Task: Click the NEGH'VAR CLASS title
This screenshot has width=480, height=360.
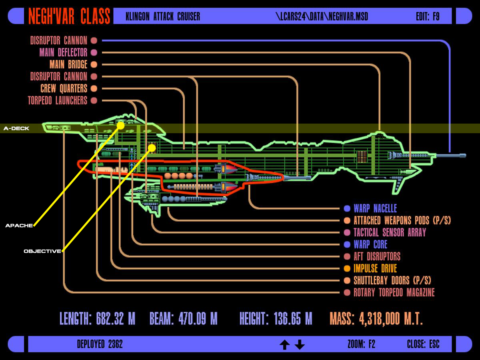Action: click(x=69, y=16)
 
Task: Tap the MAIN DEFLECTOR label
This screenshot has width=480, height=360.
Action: click(x=63, y=52)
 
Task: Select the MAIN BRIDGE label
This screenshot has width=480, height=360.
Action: click(x=68, y=64)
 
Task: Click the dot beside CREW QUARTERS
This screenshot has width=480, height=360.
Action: click(x=94, y=88)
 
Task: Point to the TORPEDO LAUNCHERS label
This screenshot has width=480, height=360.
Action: click(x=58, y=100)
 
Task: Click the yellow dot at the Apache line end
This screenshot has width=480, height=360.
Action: click(x=120, y=126)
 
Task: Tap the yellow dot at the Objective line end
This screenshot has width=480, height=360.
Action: click(x=152, y=148)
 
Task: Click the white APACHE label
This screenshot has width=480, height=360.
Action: click(x=19, y=226)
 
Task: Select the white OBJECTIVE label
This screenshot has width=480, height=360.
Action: click(x=42, y=251)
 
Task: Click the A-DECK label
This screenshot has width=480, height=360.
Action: click(x=16, y=128)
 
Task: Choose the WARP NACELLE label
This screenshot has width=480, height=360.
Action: click(x=375, y=208)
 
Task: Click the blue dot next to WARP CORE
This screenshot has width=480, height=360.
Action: click(x=347, y=244)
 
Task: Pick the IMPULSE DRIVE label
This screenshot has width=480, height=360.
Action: click(x=375, y=268)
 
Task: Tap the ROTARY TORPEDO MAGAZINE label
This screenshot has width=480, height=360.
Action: click(x=394, y=292)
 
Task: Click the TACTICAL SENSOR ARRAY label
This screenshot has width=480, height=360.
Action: click(x=390, y=232)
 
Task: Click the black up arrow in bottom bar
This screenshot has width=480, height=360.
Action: click(x=284, y=344)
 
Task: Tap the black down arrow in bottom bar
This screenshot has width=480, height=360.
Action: click(x=300, y=344)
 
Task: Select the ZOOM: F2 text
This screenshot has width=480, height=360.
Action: click(x=361, y=344)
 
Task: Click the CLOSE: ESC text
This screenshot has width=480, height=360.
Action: click(x=423, y=344)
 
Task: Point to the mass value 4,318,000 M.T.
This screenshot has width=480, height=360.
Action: click(x=391, y=319)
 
